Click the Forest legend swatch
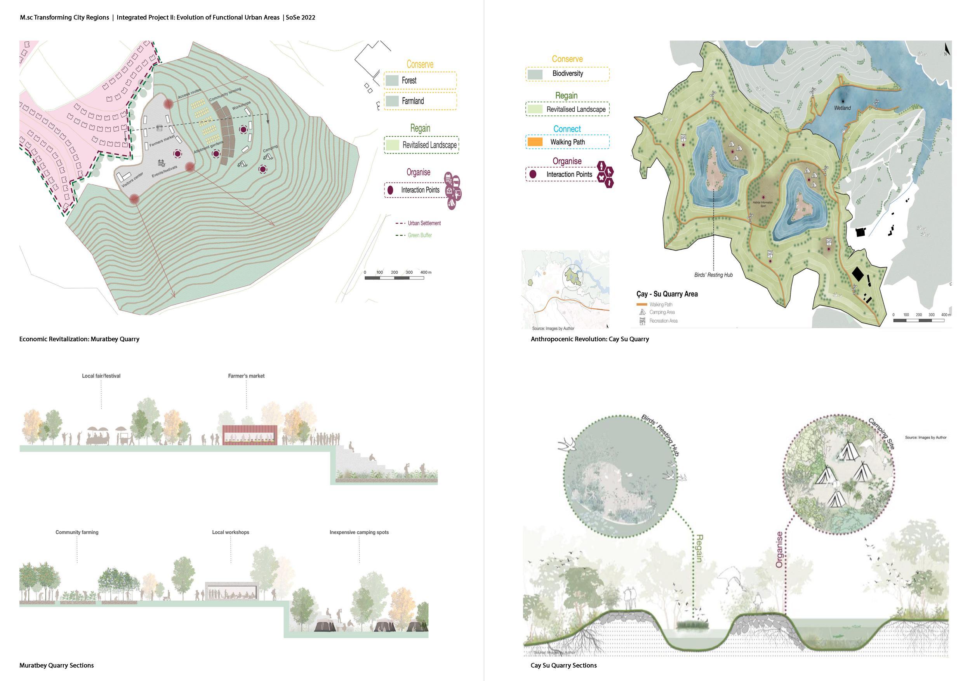(392, 81)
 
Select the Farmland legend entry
(412, 101)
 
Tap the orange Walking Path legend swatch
(535, 142)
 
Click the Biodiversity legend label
(567, 73)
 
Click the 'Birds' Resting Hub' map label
(713, 275)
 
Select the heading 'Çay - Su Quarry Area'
(667, 294)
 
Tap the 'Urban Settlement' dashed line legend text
(424, 223)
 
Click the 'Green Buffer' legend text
(419, 235)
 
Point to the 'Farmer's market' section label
(246, 376)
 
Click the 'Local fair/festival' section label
(101, 376)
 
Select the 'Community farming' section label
(77, 532)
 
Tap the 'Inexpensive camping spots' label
(359, 532)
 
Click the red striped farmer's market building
(250, 435)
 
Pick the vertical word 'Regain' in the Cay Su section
(699, 548)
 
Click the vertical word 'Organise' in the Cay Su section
(779, 549)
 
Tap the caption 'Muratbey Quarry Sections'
(57, 665)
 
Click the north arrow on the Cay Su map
(947, 50)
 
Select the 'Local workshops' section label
(230, 532)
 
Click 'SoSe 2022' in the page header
(301, 18)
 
